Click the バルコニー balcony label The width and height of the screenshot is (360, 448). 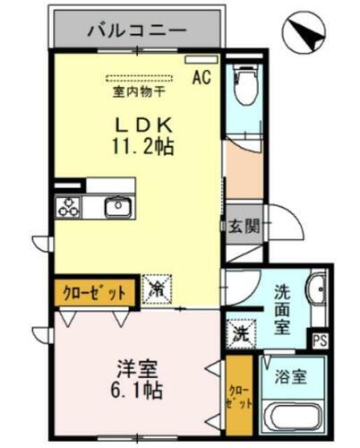click(x=136, y=30)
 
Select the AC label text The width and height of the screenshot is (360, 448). click(x=201, y=77)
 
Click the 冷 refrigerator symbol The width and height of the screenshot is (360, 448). click(x=156, y=289)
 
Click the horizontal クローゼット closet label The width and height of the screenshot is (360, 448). click(x=94, y=291)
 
